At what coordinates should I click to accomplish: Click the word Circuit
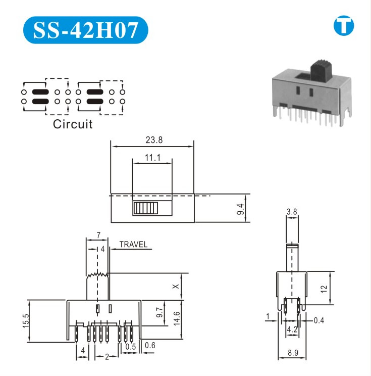[73, 124]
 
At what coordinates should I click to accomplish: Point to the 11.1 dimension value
[152, 158]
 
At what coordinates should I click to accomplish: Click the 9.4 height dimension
[241, 208]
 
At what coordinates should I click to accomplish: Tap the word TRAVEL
[133, 245]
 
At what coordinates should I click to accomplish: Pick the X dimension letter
[175, 286]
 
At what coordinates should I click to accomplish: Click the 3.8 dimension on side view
[292, 212]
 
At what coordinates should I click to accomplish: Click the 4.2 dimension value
[292, 330]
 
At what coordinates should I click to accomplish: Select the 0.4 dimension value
[319, 320]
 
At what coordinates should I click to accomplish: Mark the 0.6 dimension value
[150, 346]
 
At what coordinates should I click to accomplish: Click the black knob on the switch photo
[321, 70]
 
